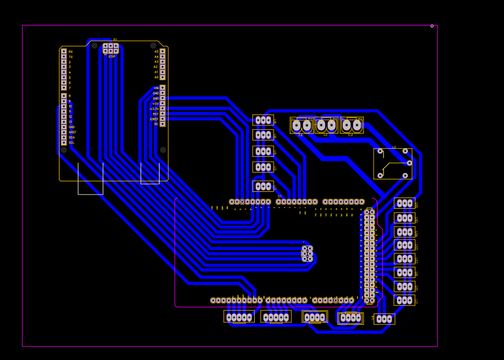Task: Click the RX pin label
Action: (x=70, y=52)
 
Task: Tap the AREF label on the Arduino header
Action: (x=72, y=132)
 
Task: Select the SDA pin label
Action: (x=71, y=137)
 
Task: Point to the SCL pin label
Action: (x=71, y=143)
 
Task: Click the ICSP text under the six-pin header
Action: (x=112, y=57)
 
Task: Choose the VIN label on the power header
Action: (x=156, y=88)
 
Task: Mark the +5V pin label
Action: (x=156, y=104)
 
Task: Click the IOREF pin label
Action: (x=155, y=119)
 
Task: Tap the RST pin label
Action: (x=156, y=114)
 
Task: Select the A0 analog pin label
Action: (x=156, y=77)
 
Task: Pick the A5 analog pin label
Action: (x=156, y=51)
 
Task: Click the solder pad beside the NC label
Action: (x=162, y=124)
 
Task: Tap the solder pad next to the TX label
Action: (x=64, y=57)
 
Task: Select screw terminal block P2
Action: (x=302, y=125)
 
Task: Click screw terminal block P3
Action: (x=352, y=125)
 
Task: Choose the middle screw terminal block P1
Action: (x=326, y=125)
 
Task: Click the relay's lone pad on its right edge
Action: (x=409, y=163)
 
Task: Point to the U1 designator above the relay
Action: (x=394, y=147)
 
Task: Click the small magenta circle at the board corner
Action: (x=432, y=26)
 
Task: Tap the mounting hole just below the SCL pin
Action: (x=64, y=150)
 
